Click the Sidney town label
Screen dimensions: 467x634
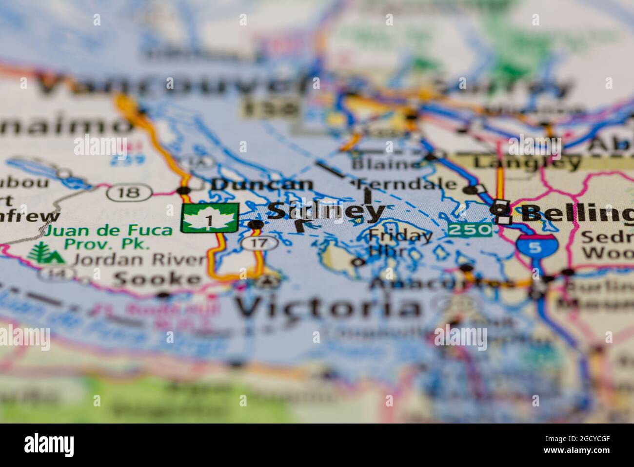coord(326,211)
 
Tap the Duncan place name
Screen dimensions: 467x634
coord(262,185)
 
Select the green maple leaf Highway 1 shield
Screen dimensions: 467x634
coord(210,218)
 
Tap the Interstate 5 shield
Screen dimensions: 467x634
coord(535,246)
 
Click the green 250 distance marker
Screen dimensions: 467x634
coord(470,229)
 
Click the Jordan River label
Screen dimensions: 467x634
coord(139,259)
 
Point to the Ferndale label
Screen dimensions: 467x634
coord(408,185)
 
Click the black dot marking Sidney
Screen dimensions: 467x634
coord(256,224)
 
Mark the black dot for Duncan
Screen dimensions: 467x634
coord(184,190)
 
